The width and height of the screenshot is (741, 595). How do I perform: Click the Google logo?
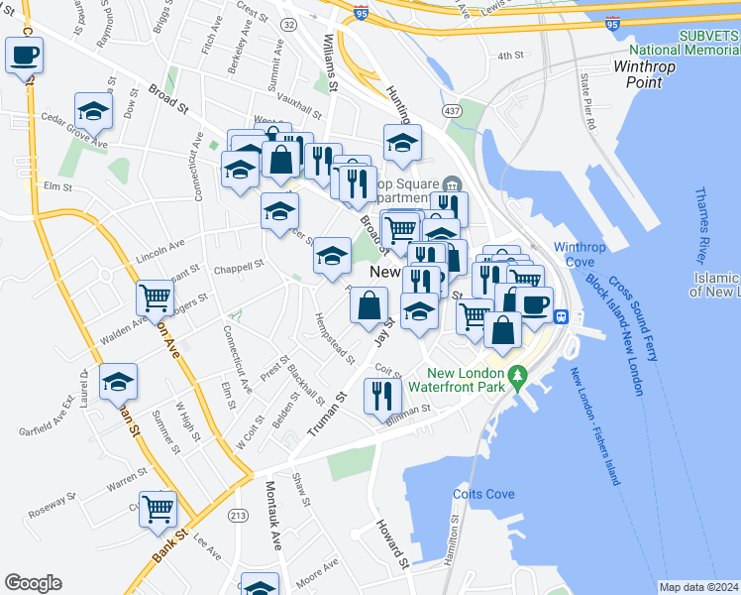point(33,583)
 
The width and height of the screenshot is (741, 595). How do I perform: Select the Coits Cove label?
point(483,494)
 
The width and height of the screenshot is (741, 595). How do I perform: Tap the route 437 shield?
point(451,109)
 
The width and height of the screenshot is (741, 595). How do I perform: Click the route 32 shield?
point(288,22)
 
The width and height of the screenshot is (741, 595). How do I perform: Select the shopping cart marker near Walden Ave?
point(156,297)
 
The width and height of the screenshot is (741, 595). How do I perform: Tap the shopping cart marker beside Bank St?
point(158,509)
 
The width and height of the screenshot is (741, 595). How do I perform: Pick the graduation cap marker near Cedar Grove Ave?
point(93,110)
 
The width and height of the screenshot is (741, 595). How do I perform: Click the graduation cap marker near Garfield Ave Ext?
point(118,382)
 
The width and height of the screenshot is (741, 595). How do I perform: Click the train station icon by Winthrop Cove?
point(560,317)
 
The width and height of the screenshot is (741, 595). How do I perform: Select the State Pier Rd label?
point(586,100)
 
